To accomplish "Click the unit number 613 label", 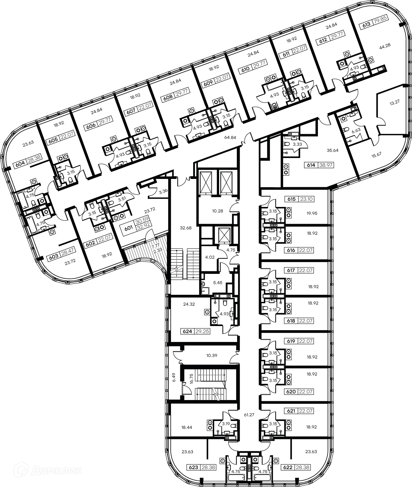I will pos(366,25).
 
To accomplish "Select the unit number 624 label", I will pos(188,331).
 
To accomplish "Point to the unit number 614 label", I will pos(311,165).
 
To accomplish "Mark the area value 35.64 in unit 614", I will pos(332,150).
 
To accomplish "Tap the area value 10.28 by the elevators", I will pos(218,211).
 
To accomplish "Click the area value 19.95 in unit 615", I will pos(312,213).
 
